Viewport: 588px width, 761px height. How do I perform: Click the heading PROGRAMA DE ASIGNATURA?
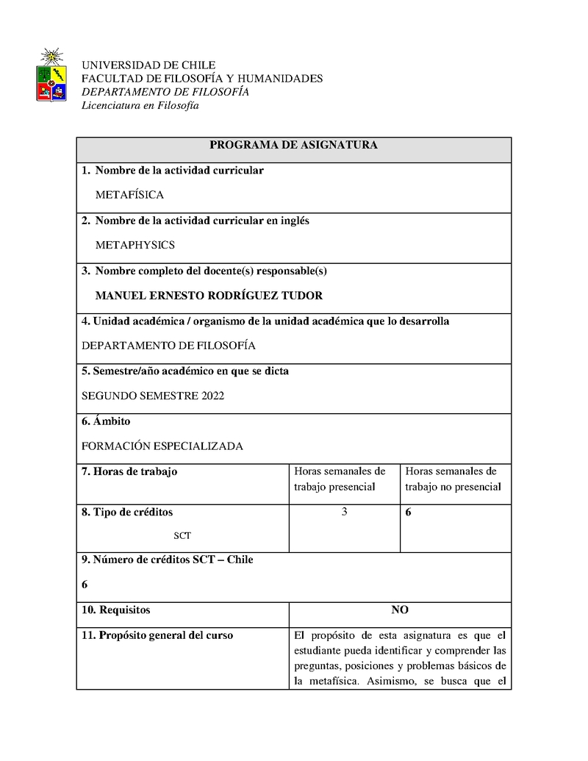pos(293,146)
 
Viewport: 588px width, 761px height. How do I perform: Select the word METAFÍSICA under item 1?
pos(129,196)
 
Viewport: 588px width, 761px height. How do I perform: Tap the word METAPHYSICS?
pos(135,246)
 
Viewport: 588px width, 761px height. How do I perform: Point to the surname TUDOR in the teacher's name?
pos(300,296)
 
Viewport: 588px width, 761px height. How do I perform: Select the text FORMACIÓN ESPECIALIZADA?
pos(162,446)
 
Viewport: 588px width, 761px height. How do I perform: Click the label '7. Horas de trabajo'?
pos(129,472)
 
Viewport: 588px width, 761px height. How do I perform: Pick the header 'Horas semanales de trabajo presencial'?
pos(340,479)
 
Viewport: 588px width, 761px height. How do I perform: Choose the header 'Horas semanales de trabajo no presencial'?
pos(453,479)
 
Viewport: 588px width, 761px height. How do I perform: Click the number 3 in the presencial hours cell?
pos(344,512)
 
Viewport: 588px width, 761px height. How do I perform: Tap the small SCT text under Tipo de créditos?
pos(182,536)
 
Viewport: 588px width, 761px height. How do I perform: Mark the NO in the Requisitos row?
pos(400,610)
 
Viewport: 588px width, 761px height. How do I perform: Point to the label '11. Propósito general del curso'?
pos(157,635)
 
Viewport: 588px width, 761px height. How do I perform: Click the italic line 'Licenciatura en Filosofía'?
pos(140,106)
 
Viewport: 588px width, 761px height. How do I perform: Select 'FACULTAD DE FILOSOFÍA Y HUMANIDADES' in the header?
pos(201,79)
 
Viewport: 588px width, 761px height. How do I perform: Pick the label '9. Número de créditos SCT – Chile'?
pos(167,560)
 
